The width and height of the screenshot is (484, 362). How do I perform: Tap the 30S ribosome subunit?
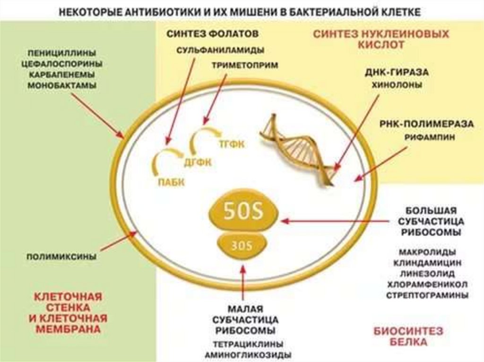point(242,245)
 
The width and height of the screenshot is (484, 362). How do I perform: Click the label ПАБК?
point(169,181)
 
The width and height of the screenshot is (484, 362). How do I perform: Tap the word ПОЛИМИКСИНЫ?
point(61,257)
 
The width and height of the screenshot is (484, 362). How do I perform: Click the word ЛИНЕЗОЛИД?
point(427,273)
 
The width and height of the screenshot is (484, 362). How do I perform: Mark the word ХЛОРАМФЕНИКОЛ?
point(427,285)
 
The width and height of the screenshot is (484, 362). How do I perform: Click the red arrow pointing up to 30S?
point(242,283)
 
